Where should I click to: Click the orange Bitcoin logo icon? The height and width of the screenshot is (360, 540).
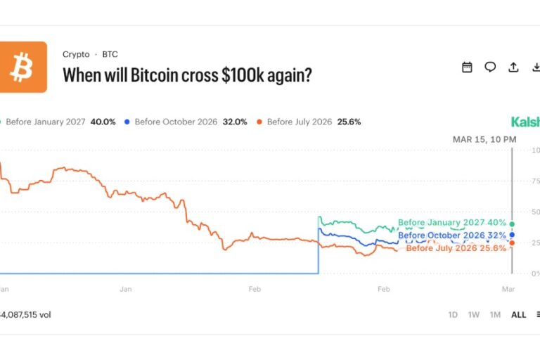click(x=23, y=67)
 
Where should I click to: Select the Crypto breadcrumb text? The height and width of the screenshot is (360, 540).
click(x=76, y=54)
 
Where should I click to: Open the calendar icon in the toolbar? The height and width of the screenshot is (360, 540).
click(x=467, y=67)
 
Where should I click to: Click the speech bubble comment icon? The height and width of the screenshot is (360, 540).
click(x=490, y=67)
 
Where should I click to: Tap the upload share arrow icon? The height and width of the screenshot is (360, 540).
click(x=513, y=67)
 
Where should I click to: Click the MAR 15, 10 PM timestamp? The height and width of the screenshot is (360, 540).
click(x=484, y=140)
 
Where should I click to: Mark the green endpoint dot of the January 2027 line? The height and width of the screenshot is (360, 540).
click(x=512, y=224)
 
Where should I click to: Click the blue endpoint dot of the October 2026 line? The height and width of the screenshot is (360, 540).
click(x=512, y=235)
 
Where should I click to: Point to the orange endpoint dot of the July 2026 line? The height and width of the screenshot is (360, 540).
click(x=512, y=243)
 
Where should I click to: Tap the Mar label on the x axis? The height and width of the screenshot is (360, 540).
click(x=508, y=289)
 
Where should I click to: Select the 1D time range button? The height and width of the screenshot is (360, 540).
click(x=453, y=315)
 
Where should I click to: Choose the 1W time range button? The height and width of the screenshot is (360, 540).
click(x=474, y=315)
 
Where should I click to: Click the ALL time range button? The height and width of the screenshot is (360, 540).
click(x=518, y=315)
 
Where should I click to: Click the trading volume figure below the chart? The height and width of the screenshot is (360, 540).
click(x=25, y=315)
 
